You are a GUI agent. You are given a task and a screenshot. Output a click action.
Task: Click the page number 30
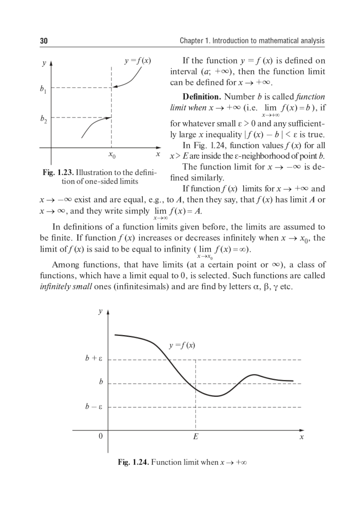44,41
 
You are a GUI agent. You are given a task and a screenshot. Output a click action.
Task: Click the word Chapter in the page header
191,41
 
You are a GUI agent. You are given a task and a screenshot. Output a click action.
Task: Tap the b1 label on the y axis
43,89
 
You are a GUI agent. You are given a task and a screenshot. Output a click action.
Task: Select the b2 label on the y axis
43,119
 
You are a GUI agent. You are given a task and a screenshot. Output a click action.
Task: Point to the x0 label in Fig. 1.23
112,155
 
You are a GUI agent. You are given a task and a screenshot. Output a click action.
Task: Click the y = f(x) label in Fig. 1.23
138,61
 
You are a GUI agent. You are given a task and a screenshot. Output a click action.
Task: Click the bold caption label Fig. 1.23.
58,173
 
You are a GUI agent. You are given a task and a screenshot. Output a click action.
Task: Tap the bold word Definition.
202,97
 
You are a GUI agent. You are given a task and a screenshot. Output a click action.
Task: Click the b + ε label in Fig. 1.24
94,358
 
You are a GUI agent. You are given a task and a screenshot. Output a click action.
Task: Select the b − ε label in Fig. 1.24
94,407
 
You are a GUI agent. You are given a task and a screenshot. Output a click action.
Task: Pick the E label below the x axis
195,437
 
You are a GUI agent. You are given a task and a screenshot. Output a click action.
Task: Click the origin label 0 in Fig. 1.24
100,436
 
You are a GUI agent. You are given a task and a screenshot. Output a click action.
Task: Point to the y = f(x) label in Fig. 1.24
182,345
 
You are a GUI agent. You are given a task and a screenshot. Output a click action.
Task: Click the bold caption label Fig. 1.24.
133,462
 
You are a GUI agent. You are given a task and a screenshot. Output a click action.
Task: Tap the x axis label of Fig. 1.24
302,437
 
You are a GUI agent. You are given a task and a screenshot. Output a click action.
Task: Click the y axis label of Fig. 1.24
100,312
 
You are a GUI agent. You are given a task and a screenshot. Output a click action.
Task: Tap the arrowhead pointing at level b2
109,117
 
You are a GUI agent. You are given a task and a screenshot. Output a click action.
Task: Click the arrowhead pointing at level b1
114,86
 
